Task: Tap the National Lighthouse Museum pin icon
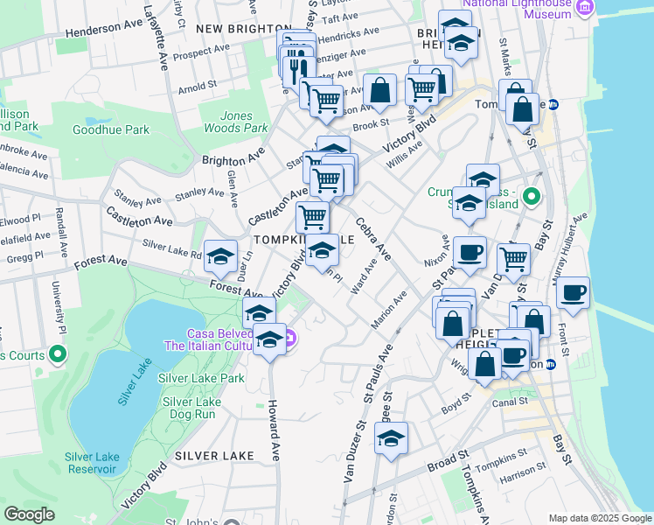(585, 8)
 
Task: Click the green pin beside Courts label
(58, 355)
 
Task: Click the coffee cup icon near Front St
(573, 292)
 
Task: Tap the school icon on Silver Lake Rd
(221, 255)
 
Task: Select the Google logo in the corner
(29, 514)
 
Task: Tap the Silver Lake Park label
(202, 378)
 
